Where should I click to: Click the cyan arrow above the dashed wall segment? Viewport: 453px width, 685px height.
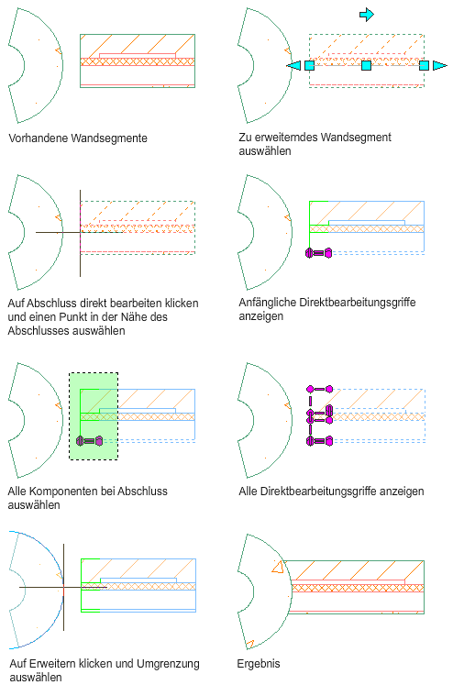367,15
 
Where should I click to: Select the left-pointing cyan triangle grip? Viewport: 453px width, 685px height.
293,65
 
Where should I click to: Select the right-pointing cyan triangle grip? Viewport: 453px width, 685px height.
440,65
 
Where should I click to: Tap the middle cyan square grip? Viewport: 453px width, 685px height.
366,65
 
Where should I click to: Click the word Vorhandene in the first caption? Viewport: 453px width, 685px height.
38,138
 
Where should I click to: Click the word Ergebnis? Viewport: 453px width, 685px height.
259,664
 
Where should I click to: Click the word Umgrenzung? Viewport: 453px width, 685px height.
168,664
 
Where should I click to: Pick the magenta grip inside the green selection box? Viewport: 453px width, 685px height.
90,441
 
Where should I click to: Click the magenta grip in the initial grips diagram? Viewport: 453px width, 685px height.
318,252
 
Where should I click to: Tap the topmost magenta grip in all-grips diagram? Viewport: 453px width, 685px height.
320,389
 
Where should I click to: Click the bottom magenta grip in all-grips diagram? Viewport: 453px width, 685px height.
319,441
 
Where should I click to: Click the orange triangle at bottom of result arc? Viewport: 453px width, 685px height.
249,644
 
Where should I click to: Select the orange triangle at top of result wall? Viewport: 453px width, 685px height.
278,567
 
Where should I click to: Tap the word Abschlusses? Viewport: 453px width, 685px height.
39,331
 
